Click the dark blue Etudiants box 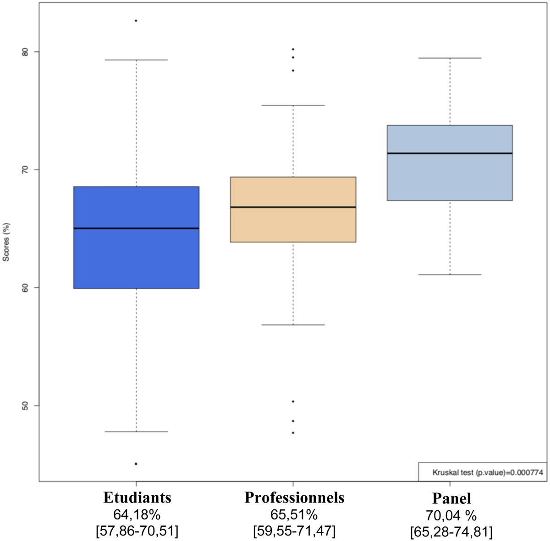pyautogui.click(x=136, y=256)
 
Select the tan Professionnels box pyautogui.click(x=293, y=224)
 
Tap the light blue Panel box pyautogui.click(x=450, y=179)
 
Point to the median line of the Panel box pyautogui.click(x=450, y=153)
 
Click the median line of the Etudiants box pyautogui.click(x=136, y=228)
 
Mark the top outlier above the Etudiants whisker pyautogui.click(x=136, y=21)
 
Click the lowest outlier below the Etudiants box pyautogui.click(x=136, y=464)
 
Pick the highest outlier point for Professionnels pyautogui.click(x=293, y=49)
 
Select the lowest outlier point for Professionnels pyautogui.click(x=293, y=433)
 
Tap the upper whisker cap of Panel pyautogui.click(x=450, y=58)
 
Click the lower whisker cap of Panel pyautogui.click(x=450, y=275)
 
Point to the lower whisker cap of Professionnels pyautogui.click(x=293, y=325)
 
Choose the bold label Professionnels pyautogui.click(x=294, y=498)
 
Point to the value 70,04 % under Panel pyautogui.click(x=452, y=515)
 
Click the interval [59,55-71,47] pyautogui.click(x=294, y=531)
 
